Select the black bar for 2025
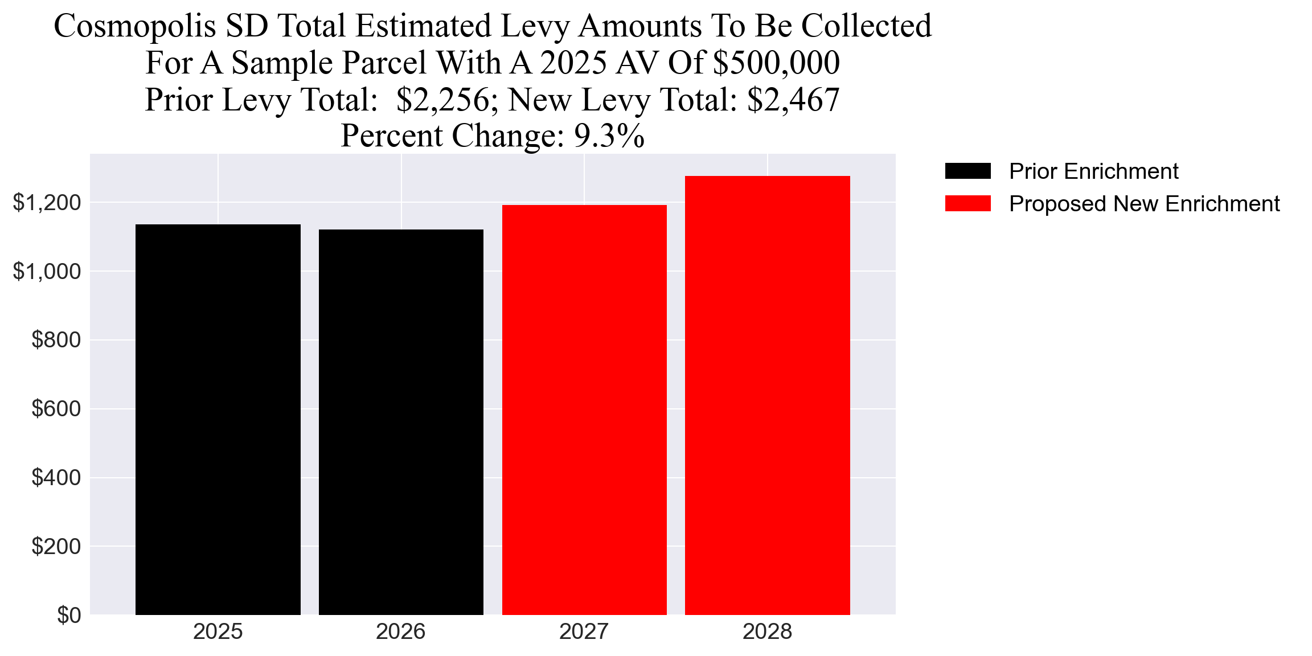tap(218, 420)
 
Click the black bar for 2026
tap(401, 422)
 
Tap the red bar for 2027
tap(584, 410)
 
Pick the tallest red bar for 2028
tap(767, 395)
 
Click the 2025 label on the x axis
tap(218, 632)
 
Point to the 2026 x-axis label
tap(401, 632)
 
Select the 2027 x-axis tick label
tap(584, 632)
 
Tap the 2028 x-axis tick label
tap(767, 632)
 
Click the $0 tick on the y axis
tap(69, 616)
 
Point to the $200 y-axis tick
tap(56, 547)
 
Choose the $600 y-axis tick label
tap(56, 409)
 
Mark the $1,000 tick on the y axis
tap(47, 272)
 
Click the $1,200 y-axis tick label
tap(47, 203)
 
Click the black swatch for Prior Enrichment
tap(967, 171)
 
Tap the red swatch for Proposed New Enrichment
tap(967, 204)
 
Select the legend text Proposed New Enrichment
tap(1144, 204)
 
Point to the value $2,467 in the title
tap(793, 100)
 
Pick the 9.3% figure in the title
tap(609, 136)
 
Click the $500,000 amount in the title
tap(776, 63)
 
